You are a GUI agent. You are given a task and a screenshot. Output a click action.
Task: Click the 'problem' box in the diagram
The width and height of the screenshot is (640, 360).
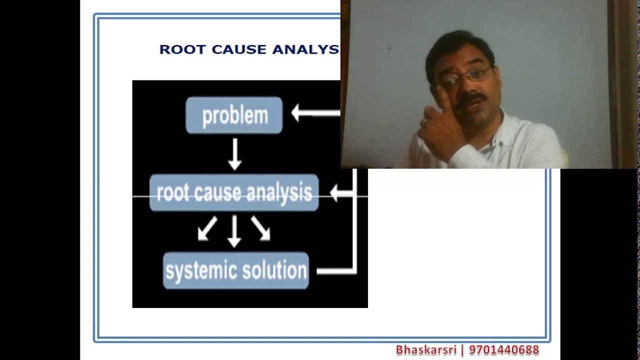(234, 115)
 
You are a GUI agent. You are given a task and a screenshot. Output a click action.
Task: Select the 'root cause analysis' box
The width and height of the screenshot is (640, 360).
(234, 193)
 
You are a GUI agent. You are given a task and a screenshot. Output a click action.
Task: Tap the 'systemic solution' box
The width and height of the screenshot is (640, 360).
(236, 270)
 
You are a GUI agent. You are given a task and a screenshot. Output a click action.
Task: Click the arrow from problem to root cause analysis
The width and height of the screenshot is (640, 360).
(234, 154)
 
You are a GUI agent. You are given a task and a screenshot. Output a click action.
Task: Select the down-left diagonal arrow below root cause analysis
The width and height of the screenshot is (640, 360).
(207, 229)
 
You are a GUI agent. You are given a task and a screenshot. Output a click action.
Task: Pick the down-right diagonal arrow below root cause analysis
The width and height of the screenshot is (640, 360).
(261, 229)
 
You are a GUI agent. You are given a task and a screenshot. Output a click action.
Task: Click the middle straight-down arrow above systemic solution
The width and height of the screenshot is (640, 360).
(234, 231)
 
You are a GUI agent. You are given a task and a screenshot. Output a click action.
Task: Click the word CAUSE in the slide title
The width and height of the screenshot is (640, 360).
(238, 49)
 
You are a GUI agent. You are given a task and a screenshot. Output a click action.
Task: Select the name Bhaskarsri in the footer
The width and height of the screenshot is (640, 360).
(426, 350)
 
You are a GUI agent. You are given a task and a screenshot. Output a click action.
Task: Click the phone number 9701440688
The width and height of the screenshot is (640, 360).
(504, 350)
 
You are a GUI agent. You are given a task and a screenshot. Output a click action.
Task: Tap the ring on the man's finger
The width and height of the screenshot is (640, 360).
(423, 121)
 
